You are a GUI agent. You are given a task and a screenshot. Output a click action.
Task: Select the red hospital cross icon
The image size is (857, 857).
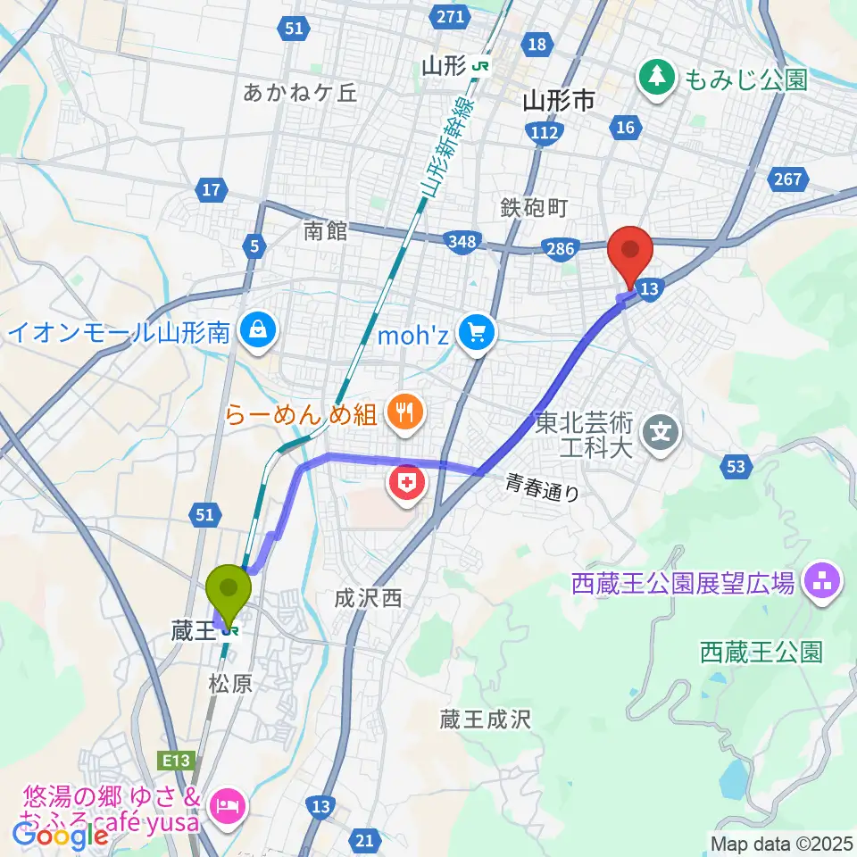click(406, 485)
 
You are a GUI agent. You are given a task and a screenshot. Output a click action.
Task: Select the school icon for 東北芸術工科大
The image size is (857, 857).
click(661, 435)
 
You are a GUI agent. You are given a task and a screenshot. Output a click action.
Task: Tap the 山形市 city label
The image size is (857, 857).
click(558, 101)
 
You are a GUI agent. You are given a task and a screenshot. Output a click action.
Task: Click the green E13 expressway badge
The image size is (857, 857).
click(177, 760)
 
